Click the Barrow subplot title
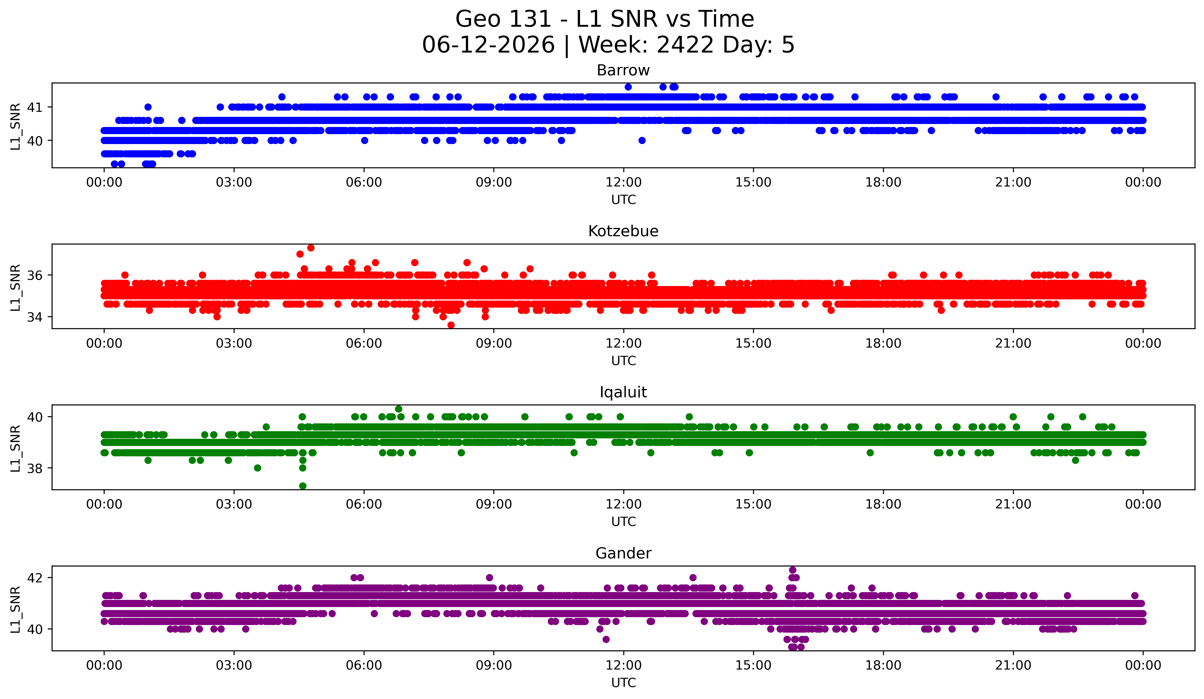[x=623, y=70]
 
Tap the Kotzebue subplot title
[x=623, y=231]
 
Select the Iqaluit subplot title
[x=623, y=392]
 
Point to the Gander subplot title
[x=623, y=553]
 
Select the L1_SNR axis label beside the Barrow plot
[x=15, y=126]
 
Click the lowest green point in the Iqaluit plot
[x=302, y=486]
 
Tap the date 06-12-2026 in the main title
[x=488, y=45]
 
